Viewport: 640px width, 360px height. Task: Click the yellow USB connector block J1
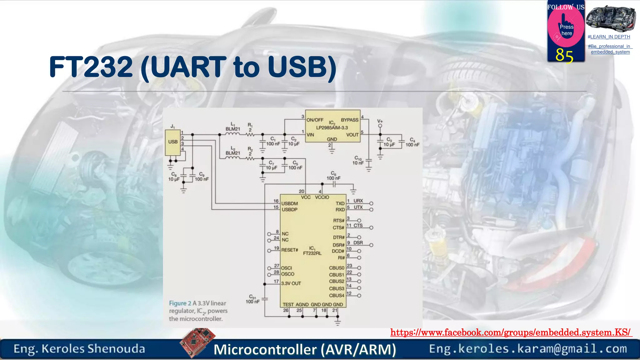click(173, 142)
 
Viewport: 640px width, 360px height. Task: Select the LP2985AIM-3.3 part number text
click(332, 128)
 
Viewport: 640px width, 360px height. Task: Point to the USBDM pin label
click(290, 203)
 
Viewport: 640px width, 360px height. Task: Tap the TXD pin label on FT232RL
click(340, 203)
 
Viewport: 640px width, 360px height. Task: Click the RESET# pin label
click(290, 250)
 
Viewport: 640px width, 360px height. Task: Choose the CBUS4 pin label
click(337, 295)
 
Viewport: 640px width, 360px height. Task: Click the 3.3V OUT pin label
click(291, 283)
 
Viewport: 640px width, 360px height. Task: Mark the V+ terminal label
click(380, 121)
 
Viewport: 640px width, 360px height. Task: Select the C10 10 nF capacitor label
click(358, 160)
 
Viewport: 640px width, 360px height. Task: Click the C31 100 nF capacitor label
click(252, 299)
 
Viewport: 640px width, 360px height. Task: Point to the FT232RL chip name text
click(312, 253)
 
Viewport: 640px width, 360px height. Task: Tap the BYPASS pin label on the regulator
click(350, 120)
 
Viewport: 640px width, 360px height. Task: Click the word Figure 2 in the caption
click(180, 303)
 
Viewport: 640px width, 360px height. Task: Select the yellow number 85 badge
click(564, 56)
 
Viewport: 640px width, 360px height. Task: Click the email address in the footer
click(528, 349)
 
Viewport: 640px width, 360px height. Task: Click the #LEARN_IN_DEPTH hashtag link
click(609, 37)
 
